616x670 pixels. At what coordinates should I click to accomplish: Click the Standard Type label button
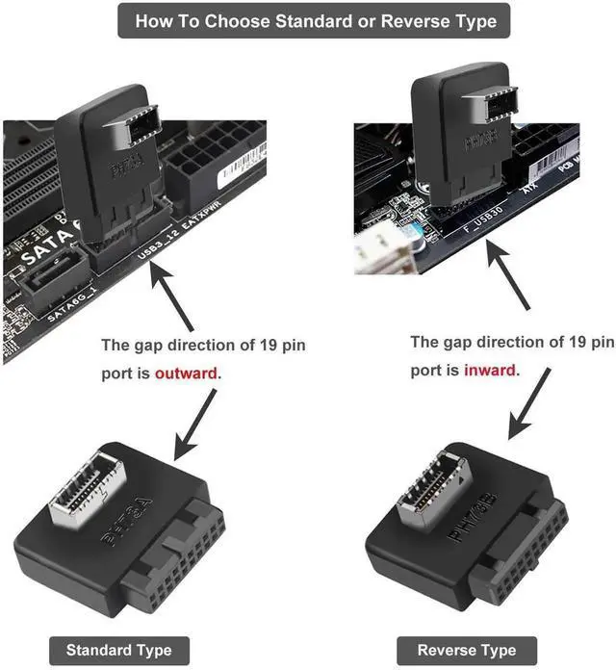(113, 650)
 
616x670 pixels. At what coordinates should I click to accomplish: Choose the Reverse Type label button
(466, 650)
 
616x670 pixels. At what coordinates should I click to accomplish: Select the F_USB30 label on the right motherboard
(479, 224)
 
